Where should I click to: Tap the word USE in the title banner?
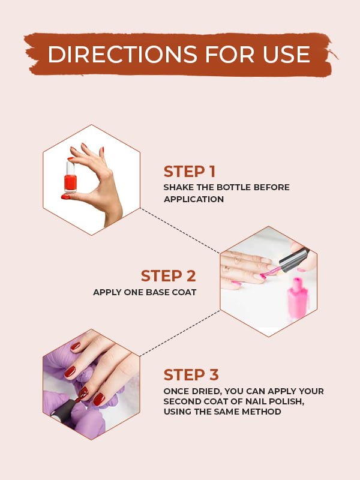(284, 54)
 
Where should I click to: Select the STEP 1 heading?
(189, 171)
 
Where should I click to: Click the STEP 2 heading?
(169, 276)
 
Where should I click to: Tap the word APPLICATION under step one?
(193, 199)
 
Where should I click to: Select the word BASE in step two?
(151, 292)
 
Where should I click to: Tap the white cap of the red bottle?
(71, 167)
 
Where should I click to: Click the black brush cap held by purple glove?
(62, 412)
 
